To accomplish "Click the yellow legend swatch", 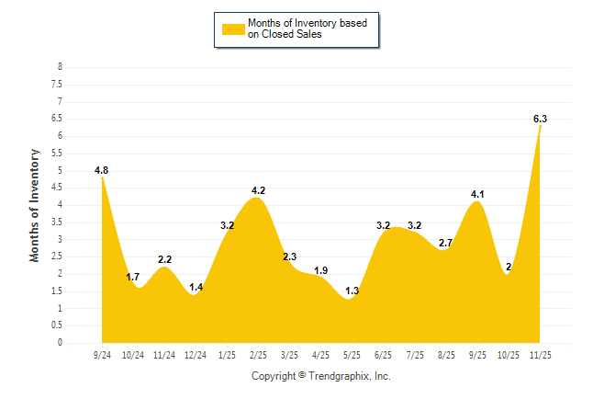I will (x=232, y=28).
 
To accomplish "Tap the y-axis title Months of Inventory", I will (x=35, y=205).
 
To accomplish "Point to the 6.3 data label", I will (x=540, y=119).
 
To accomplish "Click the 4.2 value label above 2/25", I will (x=258, y=191).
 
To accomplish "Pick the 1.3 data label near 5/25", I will (x=352, y=291).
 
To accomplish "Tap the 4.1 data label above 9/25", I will (x=477, y=194).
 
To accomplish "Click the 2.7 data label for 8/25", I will (x=447, y=243).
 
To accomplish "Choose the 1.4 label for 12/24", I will (x=196, y=289).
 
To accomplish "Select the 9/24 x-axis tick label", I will (x=102, y=355).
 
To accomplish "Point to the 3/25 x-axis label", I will (x=289, y=355).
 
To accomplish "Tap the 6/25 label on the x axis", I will (x=384, y=355).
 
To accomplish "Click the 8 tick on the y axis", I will (x=60, y=67).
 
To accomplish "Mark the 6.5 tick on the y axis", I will (x=57, y=119).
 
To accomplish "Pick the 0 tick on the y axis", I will (x=60, y=343).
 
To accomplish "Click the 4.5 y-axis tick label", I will (x=57, y=188).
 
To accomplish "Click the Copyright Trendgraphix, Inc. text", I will (x=321, y=376).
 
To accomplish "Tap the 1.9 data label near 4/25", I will (x=321, y=270).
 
